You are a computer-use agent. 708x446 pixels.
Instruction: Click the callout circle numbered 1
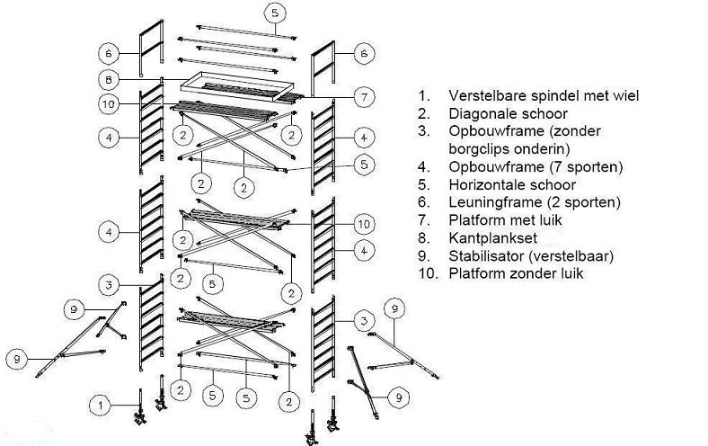pos(102,406)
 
